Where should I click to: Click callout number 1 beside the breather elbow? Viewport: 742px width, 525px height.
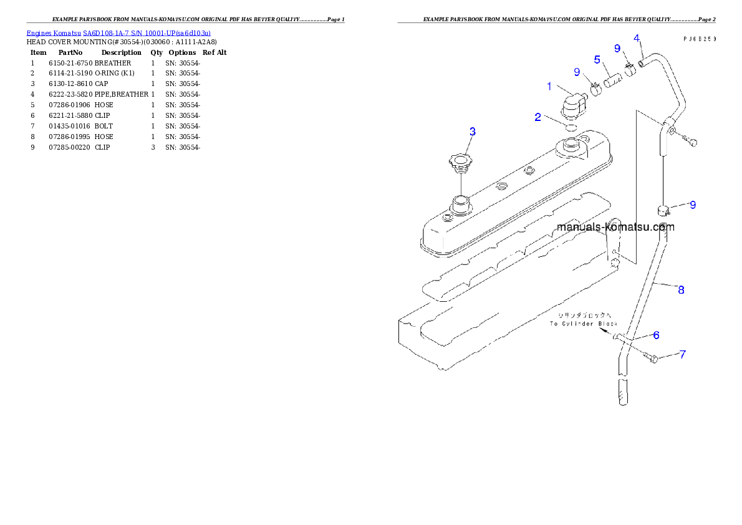549,87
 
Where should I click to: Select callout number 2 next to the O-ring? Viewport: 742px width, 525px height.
538,117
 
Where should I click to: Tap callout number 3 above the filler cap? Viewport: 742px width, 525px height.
473,131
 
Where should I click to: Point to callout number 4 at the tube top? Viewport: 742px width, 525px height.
637,38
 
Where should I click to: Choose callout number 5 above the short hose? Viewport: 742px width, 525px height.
597,60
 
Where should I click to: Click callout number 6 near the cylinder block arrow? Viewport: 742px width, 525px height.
657,335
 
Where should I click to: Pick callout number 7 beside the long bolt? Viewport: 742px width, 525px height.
683,354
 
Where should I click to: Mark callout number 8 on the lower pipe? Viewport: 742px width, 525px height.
681,289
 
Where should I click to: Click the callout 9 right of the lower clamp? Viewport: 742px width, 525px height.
693,205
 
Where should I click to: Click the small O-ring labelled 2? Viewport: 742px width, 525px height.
570,128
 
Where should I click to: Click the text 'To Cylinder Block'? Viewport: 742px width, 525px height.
583,324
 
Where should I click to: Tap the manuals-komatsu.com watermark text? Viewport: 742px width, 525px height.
615,227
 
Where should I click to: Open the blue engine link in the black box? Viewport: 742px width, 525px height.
118,32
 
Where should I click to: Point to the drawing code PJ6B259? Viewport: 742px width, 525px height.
698,39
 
